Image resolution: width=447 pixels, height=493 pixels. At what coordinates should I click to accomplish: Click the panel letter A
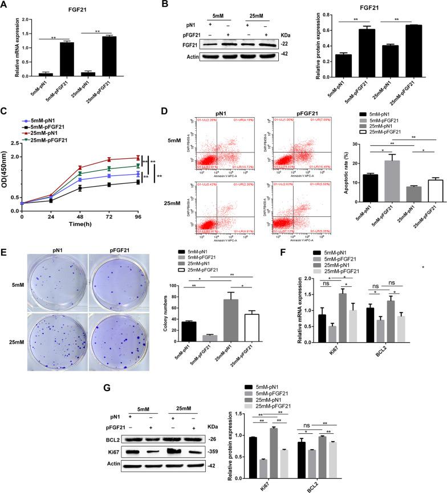click(x=5, y=5)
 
